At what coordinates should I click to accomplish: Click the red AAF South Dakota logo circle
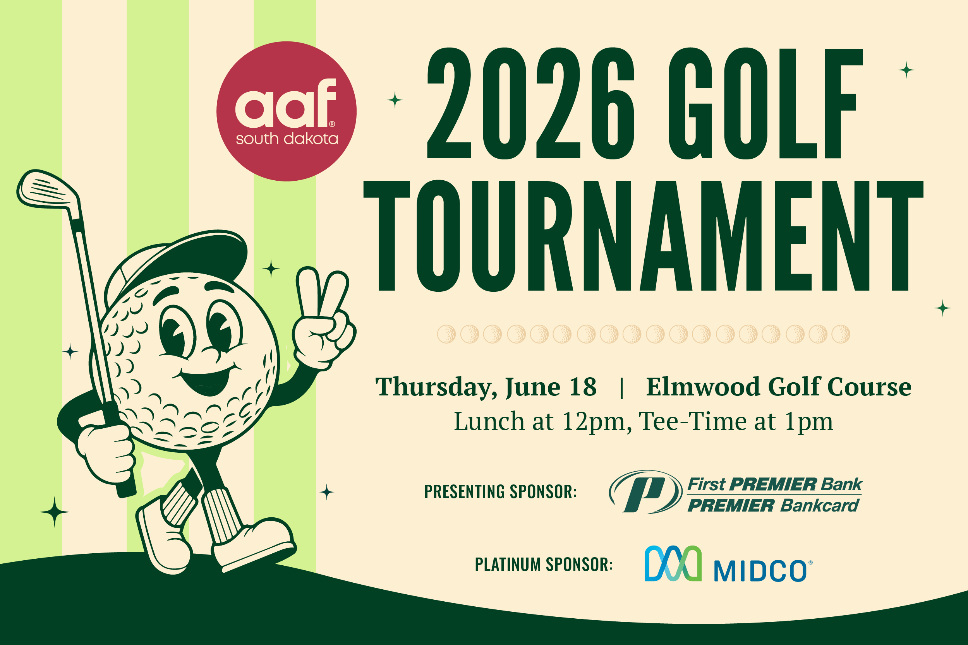coord(287,111)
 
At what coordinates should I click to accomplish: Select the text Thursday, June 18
coord(486,387)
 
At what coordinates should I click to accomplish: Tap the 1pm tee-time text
coord(809,422)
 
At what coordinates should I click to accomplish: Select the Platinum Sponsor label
coord(544,565)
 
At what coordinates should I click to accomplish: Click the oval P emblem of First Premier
coord(645,493)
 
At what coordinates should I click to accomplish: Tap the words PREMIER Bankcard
coord(774,506)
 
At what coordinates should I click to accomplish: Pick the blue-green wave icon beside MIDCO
coord(673,563)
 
